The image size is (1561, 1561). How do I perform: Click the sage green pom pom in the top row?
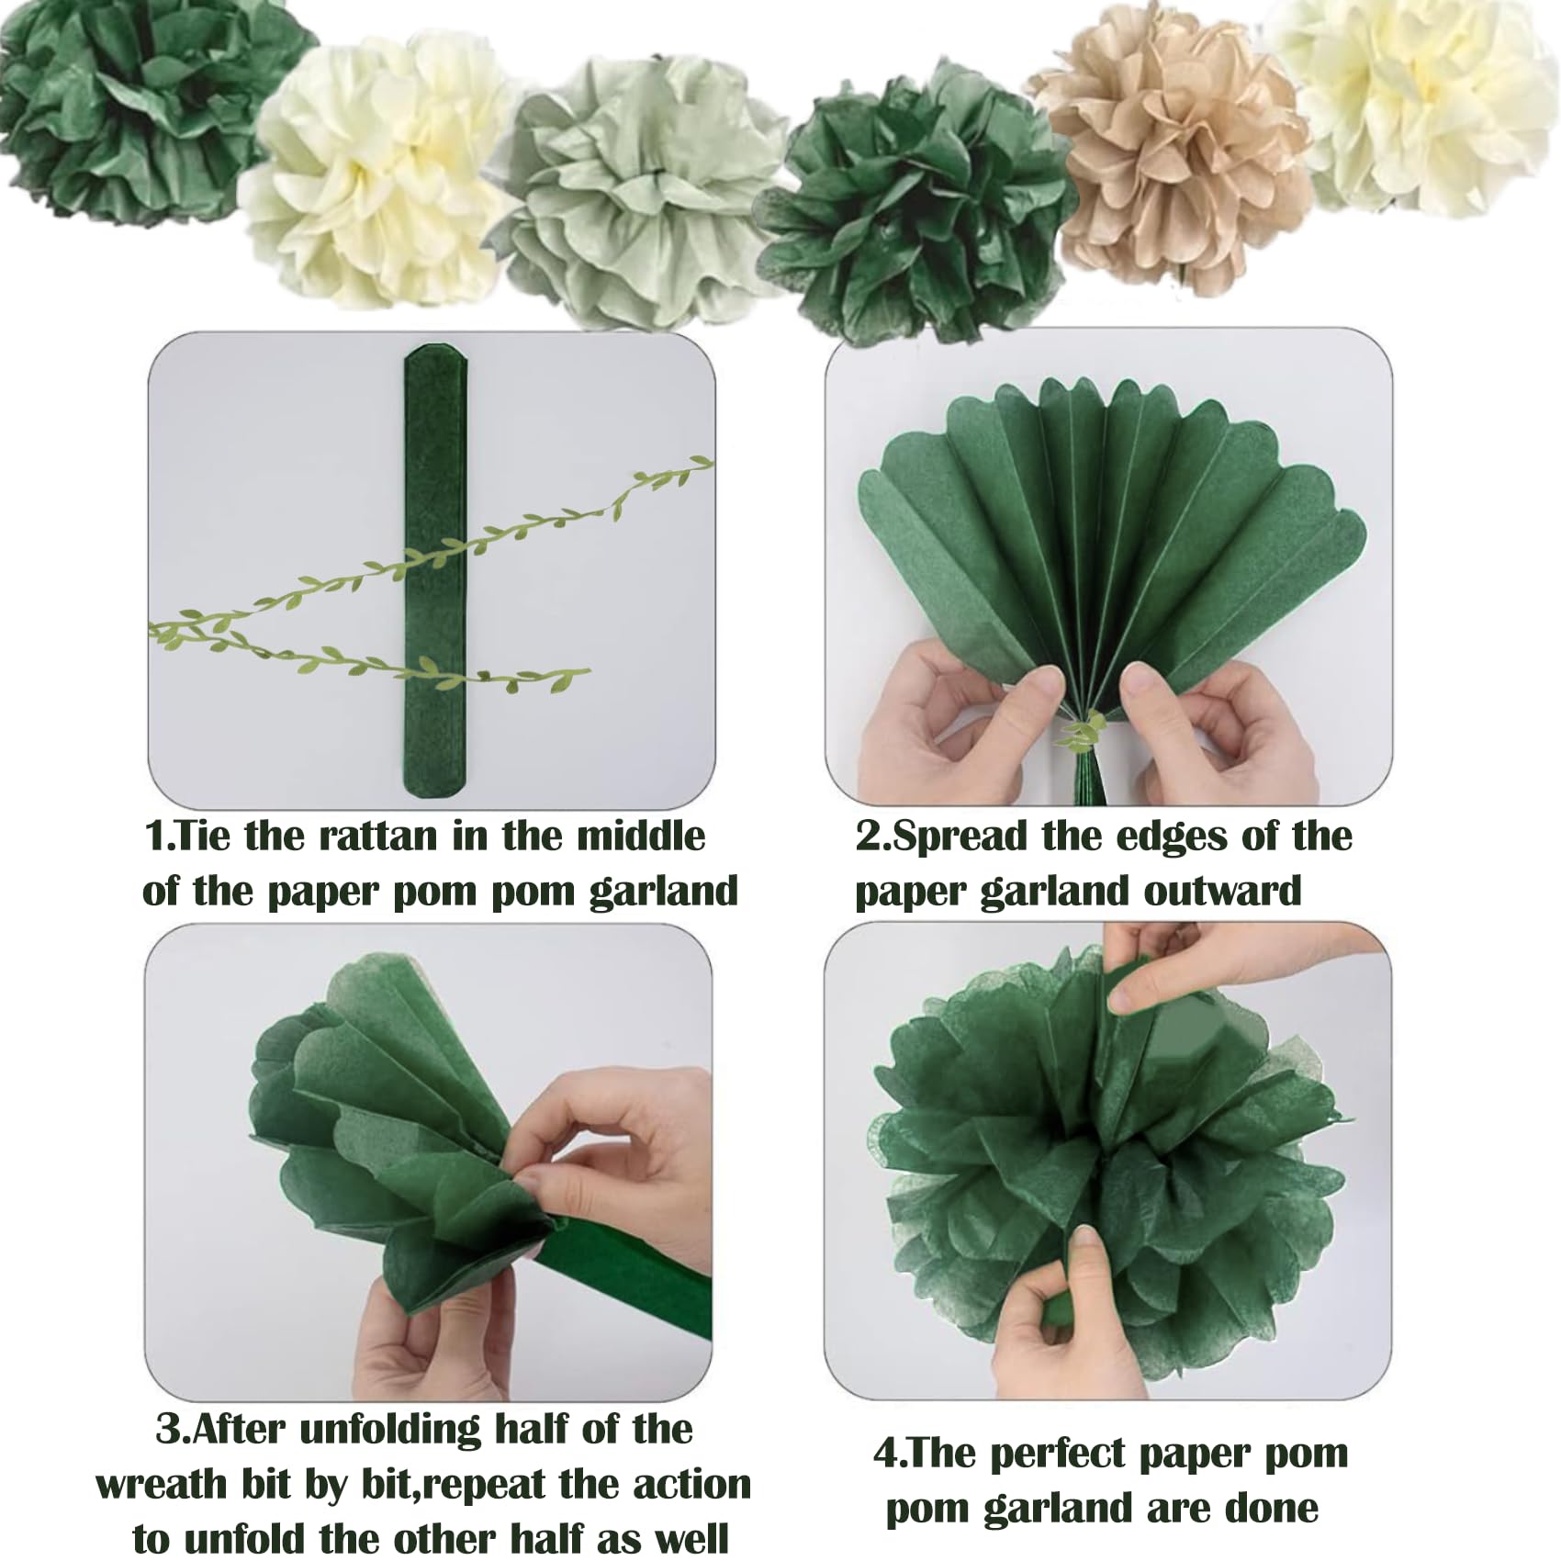(x=638, y=188)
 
